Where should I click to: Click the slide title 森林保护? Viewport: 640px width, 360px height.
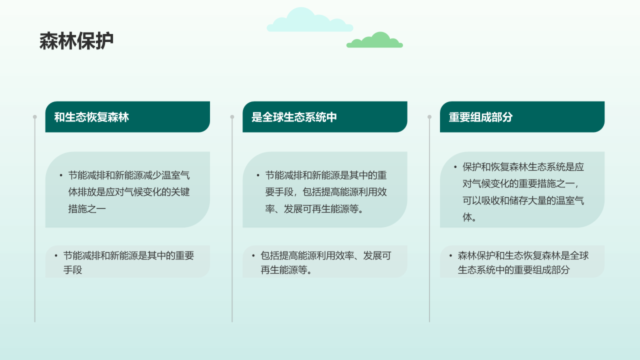tap(76, 41)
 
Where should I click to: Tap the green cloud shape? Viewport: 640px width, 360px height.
tap(375, 41)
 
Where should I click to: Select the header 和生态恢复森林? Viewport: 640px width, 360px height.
tap(91, 117)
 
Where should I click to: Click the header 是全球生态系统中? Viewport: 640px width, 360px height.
tap(294, 117)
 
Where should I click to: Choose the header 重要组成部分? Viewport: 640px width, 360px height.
tap(480, 117)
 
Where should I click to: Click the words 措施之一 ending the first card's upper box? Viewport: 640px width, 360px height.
tap(87, 208)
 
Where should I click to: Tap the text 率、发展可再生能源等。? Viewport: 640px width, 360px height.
tap(314, 208)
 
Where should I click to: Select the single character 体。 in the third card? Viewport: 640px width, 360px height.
tap(469, 217)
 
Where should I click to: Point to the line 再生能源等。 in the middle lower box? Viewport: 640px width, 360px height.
tap(286, 270)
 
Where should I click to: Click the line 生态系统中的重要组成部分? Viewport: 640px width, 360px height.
tap(513, 270)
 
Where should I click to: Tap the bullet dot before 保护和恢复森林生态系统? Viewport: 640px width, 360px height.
tap(455, 167)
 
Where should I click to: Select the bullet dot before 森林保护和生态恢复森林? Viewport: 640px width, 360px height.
tap(450, 255)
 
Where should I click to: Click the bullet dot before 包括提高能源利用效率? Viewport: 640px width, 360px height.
tap(253, 255)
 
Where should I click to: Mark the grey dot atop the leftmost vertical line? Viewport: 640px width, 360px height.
tap(35, 117)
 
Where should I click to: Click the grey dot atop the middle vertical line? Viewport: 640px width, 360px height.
tap(232, 117)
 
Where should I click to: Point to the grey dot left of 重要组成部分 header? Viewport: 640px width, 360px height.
tap(429, 117)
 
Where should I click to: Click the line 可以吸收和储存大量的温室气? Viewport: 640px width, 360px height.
tap(523, 200)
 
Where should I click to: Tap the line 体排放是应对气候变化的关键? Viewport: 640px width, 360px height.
tap(129, 192)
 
